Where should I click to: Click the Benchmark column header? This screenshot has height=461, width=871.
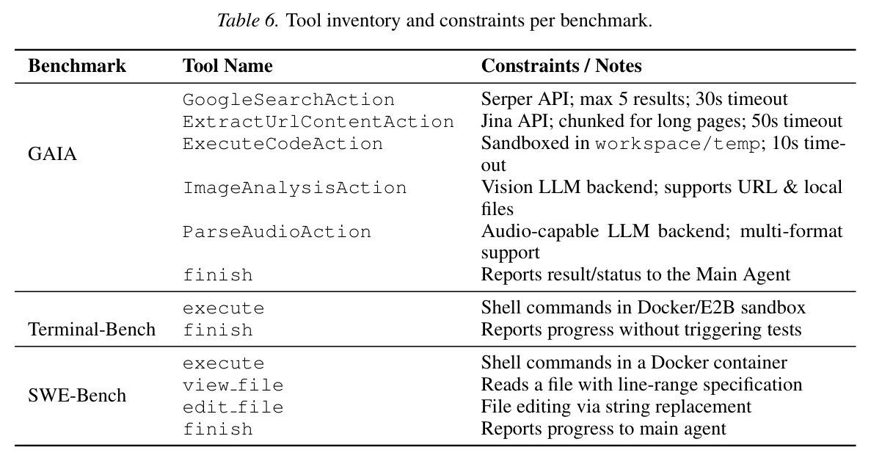coord(76,66)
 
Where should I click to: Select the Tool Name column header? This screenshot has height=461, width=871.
coord(227,66)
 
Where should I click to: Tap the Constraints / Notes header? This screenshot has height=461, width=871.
coord(561,66)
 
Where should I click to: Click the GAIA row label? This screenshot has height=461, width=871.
coord(52,154)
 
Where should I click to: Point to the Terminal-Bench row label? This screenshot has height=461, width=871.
coord(92,330)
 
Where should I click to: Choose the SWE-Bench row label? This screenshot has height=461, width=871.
coord(77,396)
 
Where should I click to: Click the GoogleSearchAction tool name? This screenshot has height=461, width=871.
coord(289,100)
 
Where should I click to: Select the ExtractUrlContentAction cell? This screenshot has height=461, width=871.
coord(318,122)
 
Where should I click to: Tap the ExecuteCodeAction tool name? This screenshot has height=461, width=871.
coord(283,144)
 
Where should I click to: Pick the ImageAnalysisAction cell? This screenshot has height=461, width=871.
coord(295,188)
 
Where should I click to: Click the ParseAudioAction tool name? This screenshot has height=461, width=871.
coord(277,232)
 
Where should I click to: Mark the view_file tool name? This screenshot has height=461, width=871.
coord(233,385)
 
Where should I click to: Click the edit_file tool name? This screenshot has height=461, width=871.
coord(233,407)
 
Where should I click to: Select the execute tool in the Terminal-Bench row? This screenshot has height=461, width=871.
coord(223,309)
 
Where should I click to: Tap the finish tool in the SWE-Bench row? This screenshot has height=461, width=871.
coord(218,429)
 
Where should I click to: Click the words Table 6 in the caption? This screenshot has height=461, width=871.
coord(247,21)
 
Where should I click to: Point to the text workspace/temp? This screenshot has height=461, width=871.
coord(677,145)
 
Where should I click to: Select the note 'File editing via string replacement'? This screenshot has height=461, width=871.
coord(616,407)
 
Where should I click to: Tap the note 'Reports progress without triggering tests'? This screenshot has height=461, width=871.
coord(641,330)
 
